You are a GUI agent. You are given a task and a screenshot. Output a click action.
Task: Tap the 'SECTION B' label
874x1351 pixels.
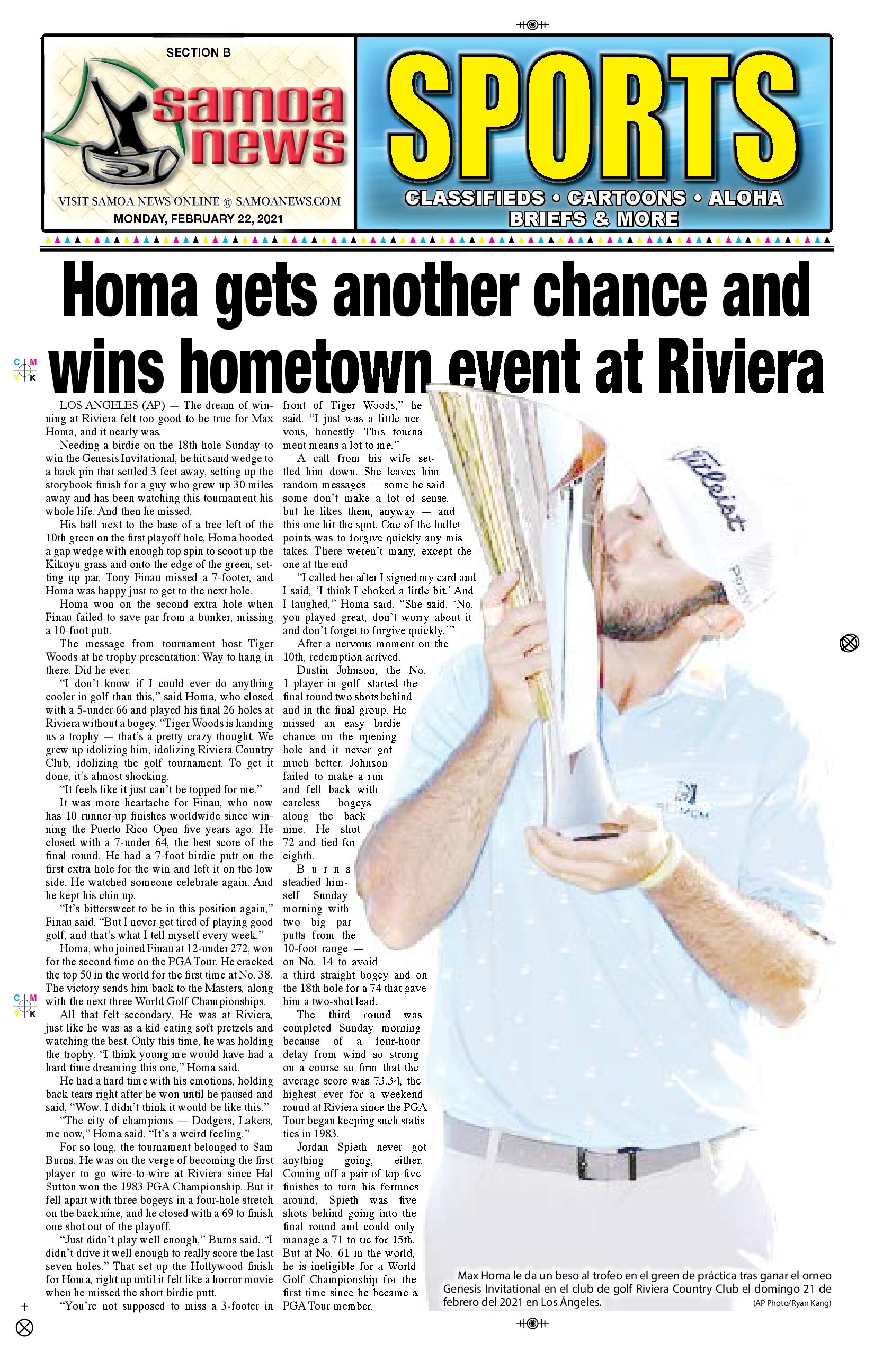tap(198, 53)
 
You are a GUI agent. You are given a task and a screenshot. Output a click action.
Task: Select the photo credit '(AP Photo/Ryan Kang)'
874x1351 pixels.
tap(792, 1303)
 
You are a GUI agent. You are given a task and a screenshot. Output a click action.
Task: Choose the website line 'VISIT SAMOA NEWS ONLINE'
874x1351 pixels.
tap(199, 201)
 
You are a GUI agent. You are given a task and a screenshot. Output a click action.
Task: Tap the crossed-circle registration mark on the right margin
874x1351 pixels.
tap(849, 643)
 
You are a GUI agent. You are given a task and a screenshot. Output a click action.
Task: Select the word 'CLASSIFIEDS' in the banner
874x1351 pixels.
tap(475, 198)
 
